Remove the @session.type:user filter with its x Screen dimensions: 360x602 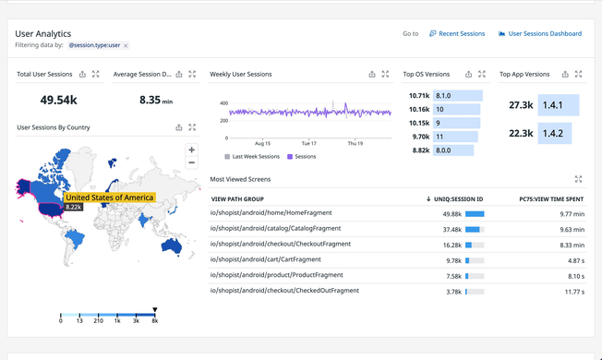coord(126,45)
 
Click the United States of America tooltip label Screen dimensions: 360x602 coord(109,198)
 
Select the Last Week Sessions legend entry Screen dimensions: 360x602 coord(255,157)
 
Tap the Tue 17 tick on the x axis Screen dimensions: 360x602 coord(308,144)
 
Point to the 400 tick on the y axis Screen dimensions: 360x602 coord(223,103)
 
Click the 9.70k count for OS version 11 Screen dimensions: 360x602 coord(419,137)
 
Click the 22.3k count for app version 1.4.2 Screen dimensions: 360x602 coord(521,134)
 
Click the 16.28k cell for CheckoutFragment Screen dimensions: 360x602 coord(452,246)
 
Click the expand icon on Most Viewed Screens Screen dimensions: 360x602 coord(578,180)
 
